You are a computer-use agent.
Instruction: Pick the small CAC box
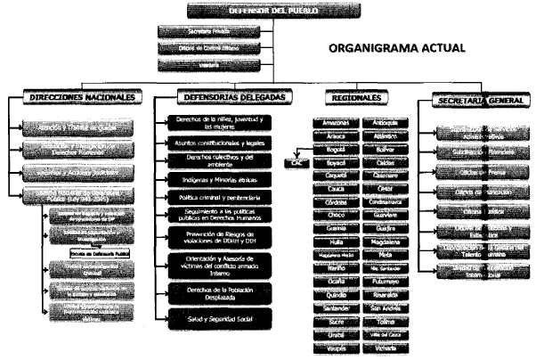pos(296,163)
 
